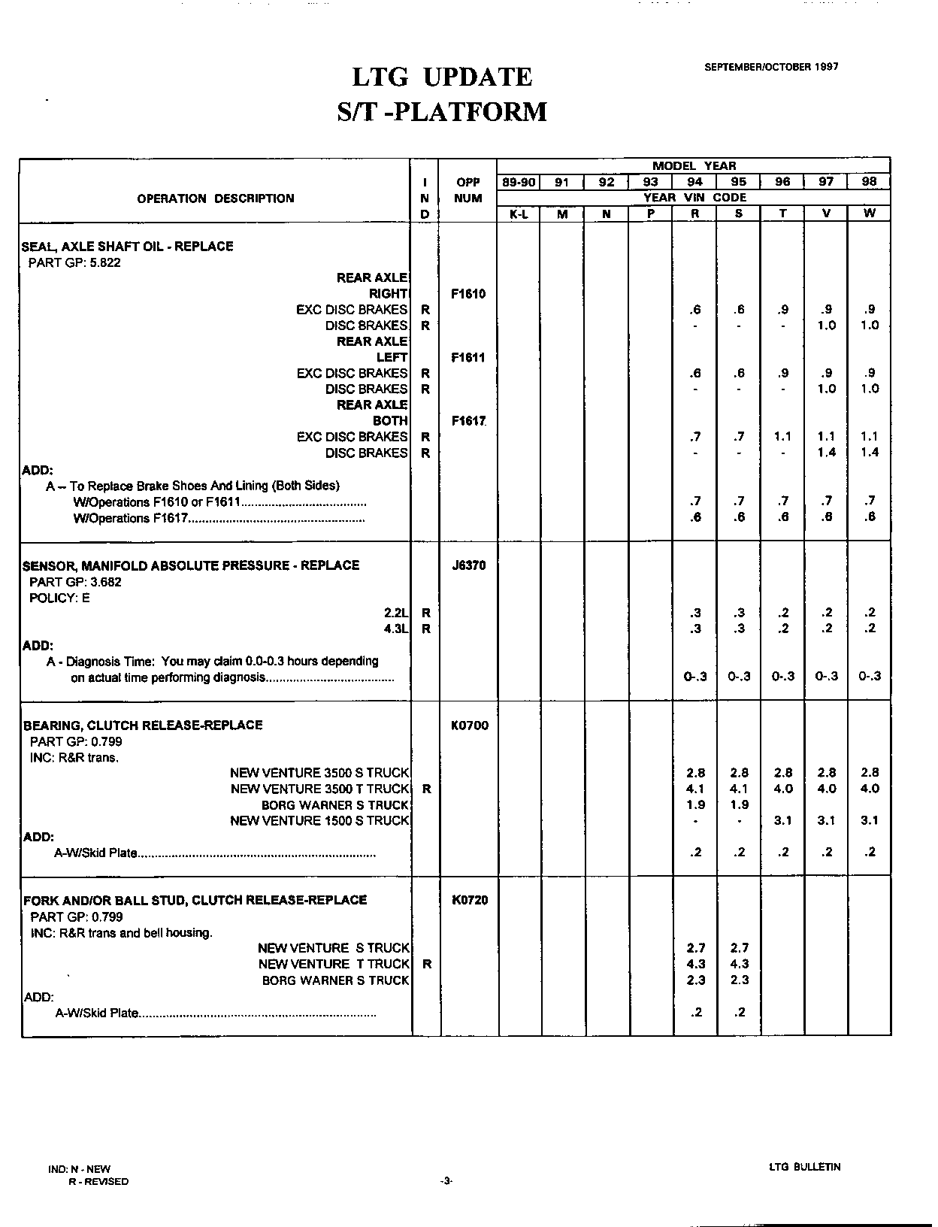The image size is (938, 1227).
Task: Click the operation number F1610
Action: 468,294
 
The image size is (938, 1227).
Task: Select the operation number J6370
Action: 469,565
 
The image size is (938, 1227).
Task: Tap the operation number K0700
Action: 469,726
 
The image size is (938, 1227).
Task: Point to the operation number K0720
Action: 470,900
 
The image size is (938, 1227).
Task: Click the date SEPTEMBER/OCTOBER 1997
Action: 771,67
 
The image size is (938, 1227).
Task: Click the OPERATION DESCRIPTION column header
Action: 216,198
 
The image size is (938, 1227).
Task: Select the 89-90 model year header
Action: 519,182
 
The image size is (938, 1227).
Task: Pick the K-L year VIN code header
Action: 519,214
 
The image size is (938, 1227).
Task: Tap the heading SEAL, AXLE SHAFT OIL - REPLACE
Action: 128,246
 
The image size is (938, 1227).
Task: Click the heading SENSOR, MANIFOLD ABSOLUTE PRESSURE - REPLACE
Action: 191,565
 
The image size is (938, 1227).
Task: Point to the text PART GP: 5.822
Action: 74,262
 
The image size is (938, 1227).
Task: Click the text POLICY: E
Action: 59,598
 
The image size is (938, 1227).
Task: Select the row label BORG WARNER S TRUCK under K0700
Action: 334,805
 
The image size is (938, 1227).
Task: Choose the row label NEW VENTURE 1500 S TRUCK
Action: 319,821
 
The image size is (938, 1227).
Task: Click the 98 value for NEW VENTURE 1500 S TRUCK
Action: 870,821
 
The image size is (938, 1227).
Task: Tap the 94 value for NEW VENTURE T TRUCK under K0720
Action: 696,964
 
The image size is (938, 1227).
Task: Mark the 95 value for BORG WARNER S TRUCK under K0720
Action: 740,980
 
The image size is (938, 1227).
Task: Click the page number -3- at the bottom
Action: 446,1181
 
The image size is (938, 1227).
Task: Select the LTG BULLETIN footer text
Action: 804,1167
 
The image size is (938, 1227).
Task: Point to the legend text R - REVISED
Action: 98,1181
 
